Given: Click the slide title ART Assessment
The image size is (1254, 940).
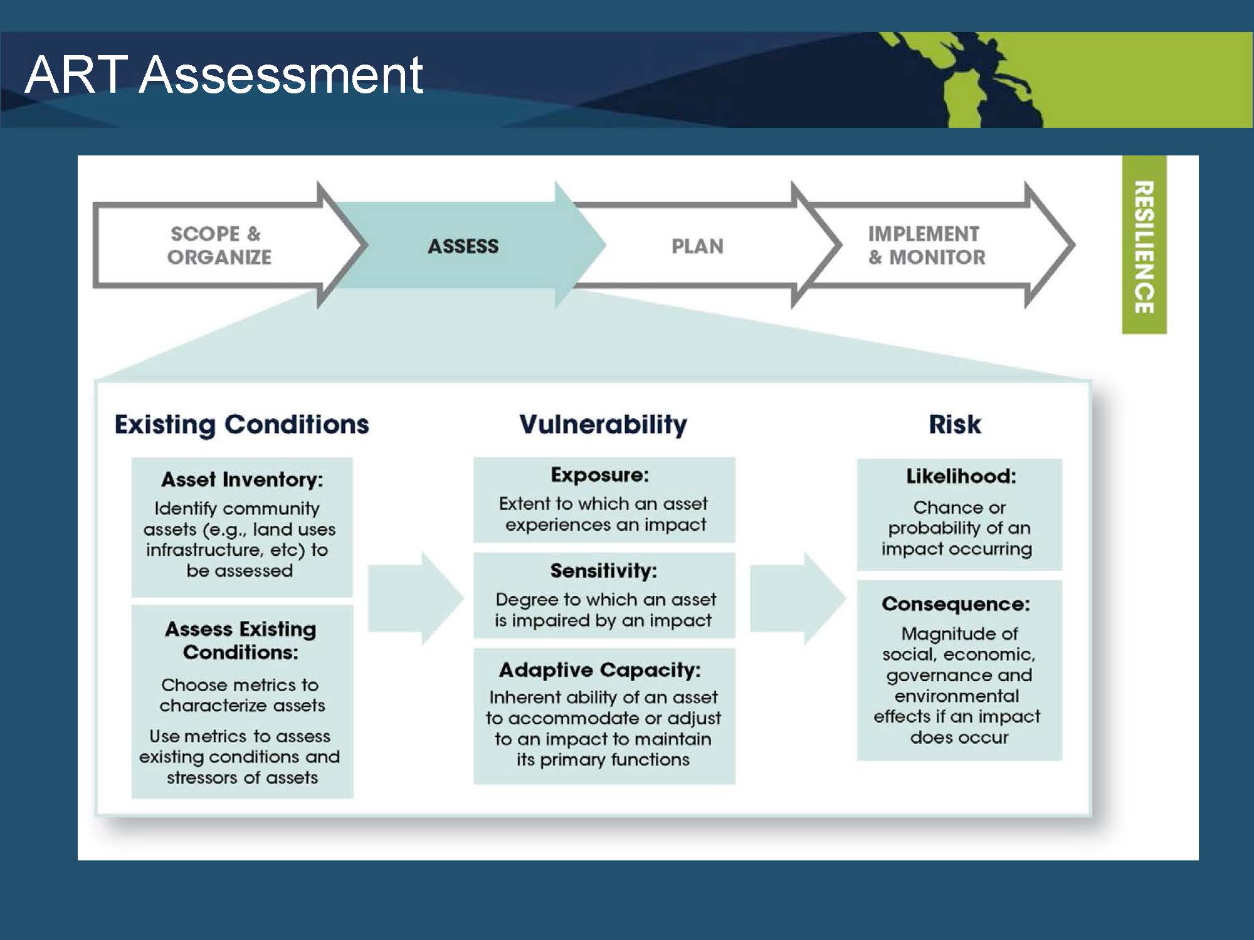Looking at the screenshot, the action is pyautogui.click(x=224, y=75).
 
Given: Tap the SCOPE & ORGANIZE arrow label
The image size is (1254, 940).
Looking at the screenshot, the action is pyautogui.click(x=219, y=245).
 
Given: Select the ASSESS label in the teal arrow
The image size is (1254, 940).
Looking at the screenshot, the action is pyautogui.click(x=463, y=246).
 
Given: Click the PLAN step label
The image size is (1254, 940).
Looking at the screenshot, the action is pyautogui.click(x=697, y=246).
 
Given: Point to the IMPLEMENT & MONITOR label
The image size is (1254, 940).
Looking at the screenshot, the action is pyautogui.click(x=927, y=245).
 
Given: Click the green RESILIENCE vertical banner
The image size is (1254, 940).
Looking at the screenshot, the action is pyautogui.click(x=1144, y=244).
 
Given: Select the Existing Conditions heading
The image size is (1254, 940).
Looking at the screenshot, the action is pyautogui.click(x=241, y=425).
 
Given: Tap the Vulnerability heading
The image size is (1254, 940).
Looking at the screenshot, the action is pyautogui.click(x=603, y=425).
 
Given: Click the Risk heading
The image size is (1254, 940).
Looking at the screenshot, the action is pyautogui.click(x=955, y=424).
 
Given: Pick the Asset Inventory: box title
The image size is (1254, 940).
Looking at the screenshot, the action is pyautogui.click(x=242, y=479).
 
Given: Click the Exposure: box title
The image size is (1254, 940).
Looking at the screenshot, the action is pyautogui.click(x=600, y=475).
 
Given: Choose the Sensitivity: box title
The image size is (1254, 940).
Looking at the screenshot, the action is pyautogui.click(x=603, y=571).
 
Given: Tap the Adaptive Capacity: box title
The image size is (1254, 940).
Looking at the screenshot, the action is pyautogui.click(x=600, y=671).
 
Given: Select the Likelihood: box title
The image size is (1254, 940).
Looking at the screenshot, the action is pyautogui.click(x=961, y=476).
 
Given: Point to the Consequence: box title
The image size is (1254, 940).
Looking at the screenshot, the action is pyautogui.click(x=956, y=604).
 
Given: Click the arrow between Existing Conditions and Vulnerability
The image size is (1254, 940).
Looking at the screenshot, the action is pyautogui.click(x=416, y=598).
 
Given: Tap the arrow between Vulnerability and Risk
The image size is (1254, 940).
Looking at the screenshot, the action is pyautogui.click(x=798, y=598).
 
